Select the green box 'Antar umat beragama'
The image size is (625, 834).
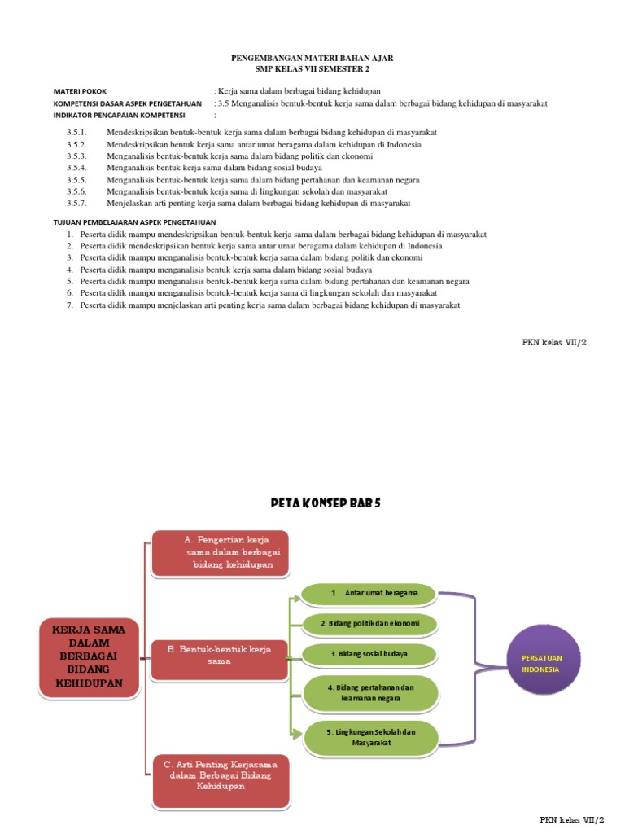point(369,593)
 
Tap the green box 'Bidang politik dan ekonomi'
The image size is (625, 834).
point(369,624)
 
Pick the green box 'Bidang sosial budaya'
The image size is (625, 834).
point(369,653)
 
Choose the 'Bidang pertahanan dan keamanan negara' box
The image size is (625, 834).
point(370,692)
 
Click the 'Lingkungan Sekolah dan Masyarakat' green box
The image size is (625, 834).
point(370,737)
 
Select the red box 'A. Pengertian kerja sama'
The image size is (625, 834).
point(221,553)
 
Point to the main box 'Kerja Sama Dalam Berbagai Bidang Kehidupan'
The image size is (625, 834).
point(88,656)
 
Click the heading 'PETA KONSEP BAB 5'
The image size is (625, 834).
point(326,503)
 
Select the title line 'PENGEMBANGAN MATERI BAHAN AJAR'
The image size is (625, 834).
point(312,59)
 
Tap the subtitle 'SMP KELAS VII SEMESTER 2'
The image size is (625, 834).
point(312,69)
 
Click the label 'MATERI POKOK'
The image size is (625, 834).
point(80,91)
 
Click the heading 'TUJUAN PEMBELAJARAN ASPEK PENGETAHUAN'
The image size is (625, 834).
point(134,222)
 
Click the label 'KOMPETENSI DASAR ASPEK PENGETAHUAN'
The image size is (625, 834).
point(127,103)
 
